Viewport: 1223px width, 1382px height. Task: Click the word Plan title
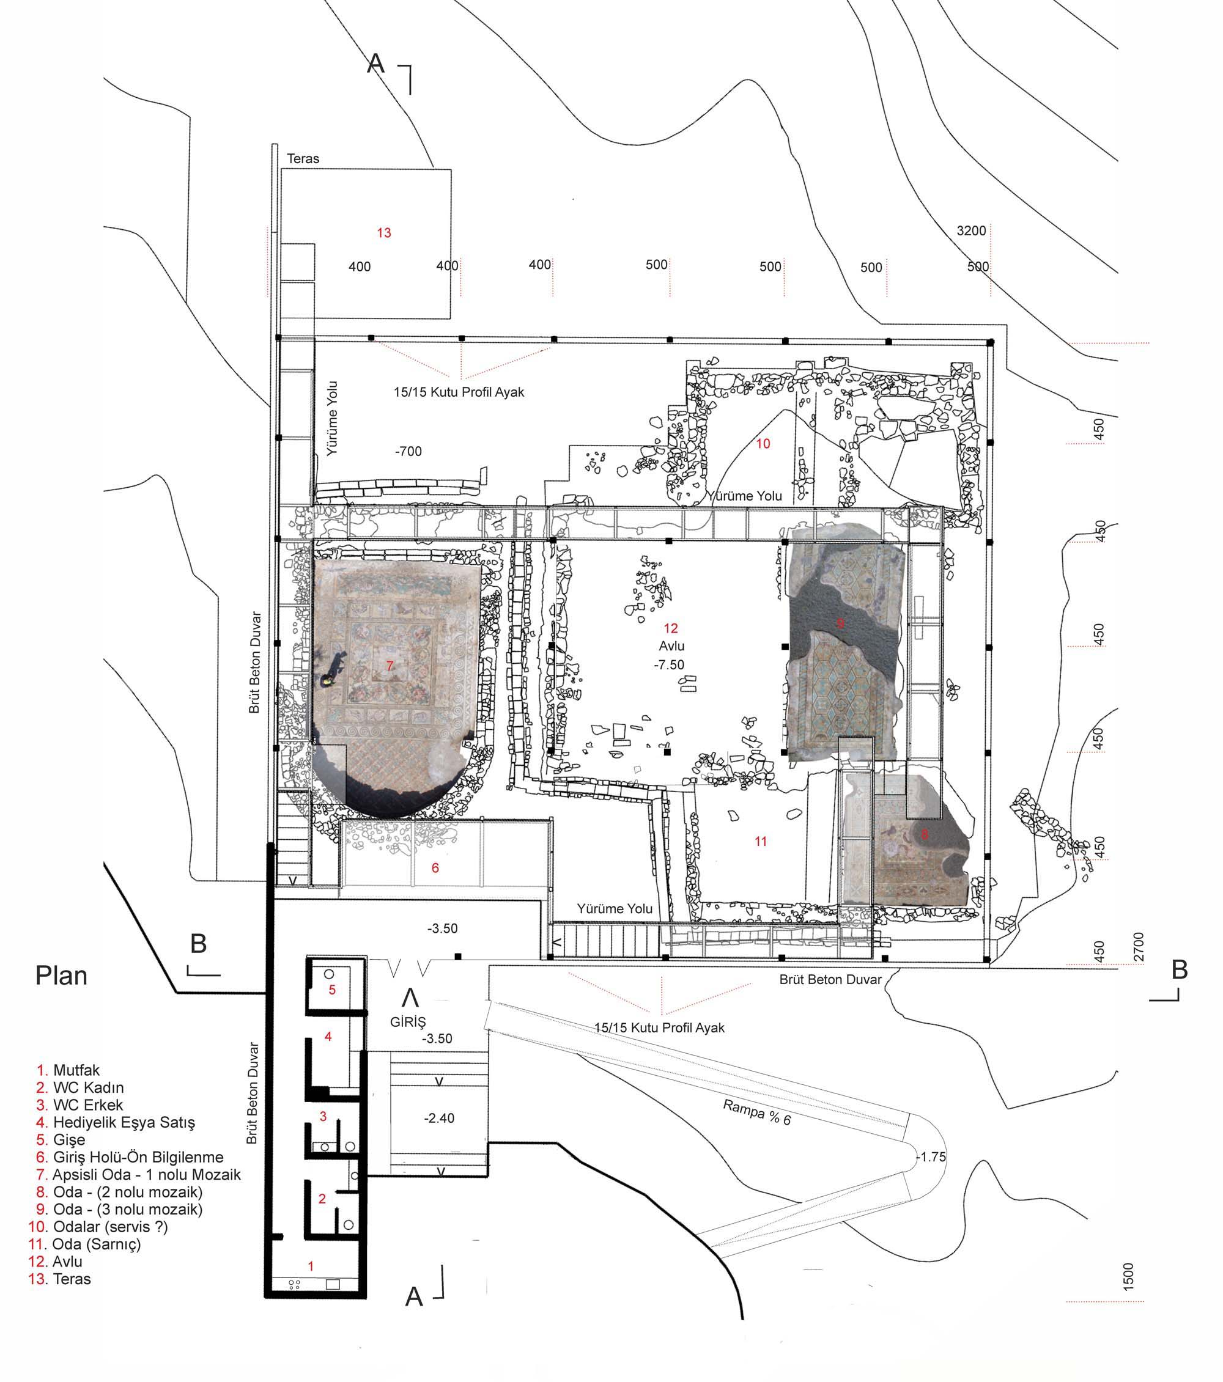pyautogui.click(x=62, y=976)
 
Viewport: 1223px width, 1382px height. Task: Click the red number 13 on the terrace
pyautogui.click(x=384, y=233)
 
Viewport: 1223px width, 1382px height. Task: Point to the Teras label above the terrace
pyautogui.click(x=303, y=159)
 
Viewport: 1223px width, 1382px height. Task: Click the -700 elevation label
pyautogui.click(x=408, y=452)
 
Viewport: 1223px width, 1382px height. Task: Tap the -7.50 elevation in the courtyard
pyautogui.click(x=669, y=665)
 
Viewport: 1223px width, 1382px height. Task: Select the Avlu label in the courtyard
pyautogui.click(x=671, y=646)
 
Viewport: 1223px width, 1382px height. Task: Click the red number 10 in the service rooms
pyautogui.click(x=763, y=444)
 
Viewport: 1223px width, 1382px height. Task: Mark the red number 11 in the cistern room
pyautogui.click(x=761, y=842)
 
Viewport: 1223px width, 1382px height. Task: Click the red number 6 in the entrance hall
pyautogui.click(x=435, y=867)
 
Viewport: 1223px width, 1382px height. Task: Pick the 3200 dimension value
pyautogui.click(x=971, y=231)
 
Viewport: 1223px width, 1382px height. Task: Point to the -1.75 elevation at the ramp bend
pyautogui.click(x=931, y=1157)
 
